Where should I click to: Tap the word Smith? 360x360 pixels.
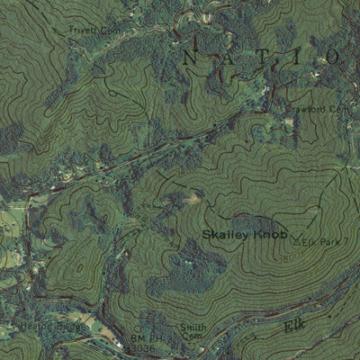193,328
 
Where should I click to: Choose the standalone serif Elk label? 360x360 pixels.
294,324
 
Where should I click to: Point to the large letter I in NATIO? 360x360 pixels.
299,57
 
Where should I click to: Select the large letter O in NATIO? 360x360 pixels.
331,57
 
